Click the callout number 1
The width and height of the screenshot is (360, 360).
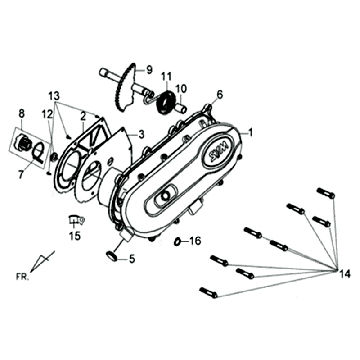point(251,132)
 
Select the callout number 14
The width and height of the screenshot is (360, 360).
point(344,272)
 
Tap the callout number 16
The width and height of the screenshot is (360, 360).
point(196,241)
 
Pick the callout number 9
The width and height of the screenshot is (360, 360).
point(150,70)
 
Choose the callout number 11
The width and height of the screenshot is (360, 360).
point(167,75)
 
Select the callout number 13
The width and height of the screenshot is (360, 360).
point(54,94)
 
